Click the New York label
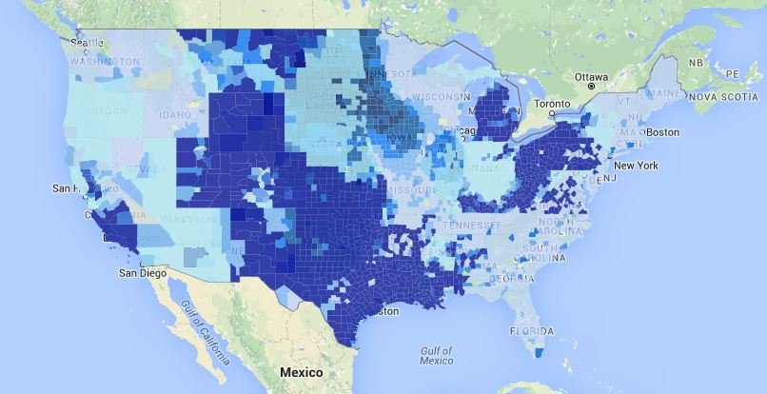[636, 166]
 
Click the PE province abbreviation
[732, 73]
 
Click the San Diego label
[142, 273]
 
